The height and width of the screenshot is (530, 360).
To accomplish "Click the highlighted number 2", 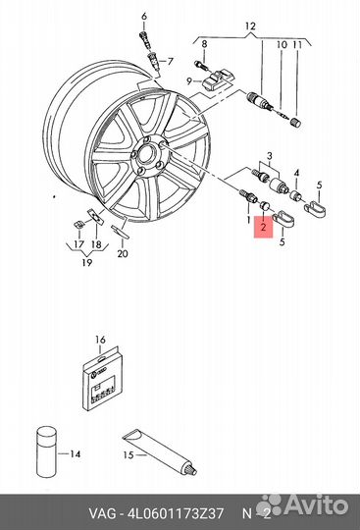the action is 262,228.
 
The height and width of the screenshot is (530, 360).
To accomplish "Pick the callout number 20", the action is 123,255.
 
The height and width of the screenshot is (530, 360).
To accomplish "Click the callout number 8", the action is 204,44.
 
